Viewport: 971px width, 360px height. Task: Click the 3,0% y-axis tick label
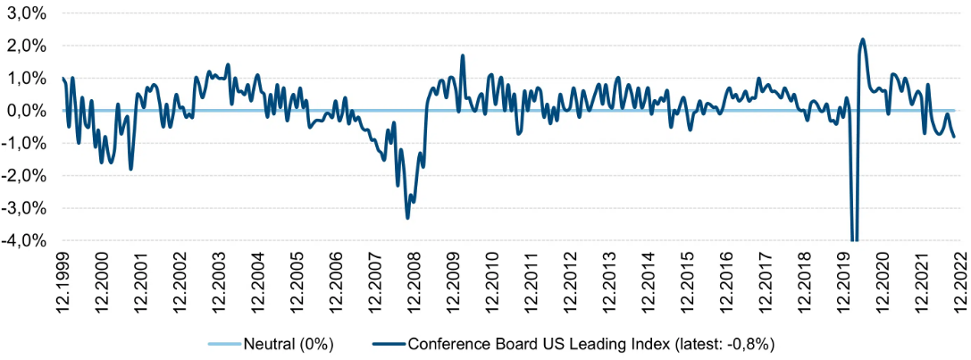(28, 13)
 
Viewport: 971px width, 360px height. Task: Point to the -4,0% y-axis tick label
(26, 240)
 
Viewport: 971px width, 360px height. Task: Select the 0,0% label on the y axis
(28, 110)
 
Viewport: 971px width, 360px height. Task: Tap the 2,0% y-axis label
(28, 46)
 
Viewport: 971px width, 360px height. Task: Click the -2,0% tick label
(26, 176)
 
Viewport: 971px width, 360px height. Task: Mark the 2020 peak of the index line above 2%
(863, 39)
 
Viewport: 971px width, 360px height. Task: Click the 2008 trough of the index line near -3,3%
(408, 218)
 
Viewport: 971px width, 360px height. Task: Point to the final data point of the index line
(954, 137)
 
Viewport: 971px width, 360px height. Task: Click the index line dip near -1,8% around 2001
(130, 169)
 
